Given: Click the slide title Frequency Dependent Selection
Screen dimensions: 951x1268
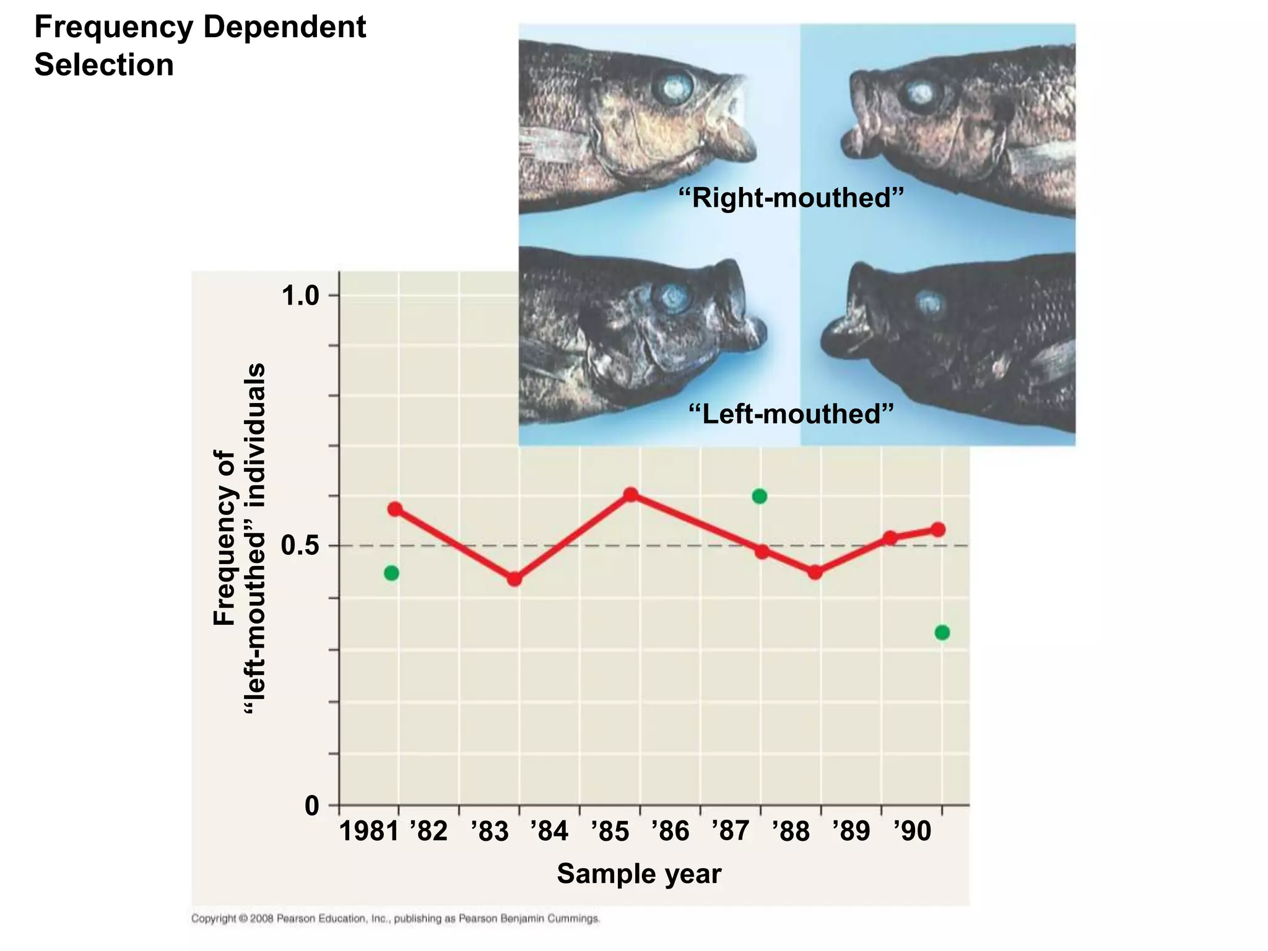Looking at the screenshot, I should coord(199,46).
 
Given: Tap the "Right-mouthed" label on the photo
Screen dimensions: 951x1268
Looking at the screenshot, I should coord(791,198).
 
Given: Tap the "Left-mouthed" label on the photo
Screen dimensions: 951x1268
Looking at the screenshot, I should coord(791,414).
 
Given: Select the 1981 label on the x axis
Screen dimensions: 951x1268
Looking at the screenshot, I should coord(368,831).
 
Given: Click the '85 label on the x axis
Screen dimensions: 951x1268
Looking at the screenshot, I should coord(610,831).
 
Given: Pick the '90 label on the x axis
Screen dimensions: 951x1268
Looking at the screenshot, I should coord(912,831).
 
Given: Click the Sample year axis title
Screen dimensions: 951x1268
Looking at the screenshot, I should coord(639,874).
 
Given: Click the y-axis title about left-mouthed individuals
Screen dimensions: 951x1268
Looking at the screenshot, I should coord(239,539).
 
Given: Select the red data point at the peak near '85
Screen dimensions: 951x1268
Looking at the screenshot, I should coord(630,495).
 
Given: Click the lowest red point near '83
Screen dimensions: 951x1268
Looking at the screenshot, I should coord(514,580).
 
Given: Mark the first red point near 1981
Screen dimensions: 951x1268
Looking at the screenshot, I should coord(394,510).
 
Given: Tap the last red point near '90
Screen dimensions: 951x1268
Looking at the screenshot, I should coord(938,529).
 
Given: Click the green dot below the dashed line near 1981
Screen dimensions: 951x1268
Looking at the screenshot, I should coord(391,573).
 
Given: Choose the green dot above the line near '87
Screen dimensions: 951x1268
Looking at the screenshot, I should coord(760,497).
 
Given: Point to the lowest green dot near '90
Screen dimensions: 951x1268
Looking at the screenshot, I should coord(942,633).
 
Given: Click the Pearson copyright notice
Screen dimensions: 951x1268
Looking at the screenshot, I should coord(395,919).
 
